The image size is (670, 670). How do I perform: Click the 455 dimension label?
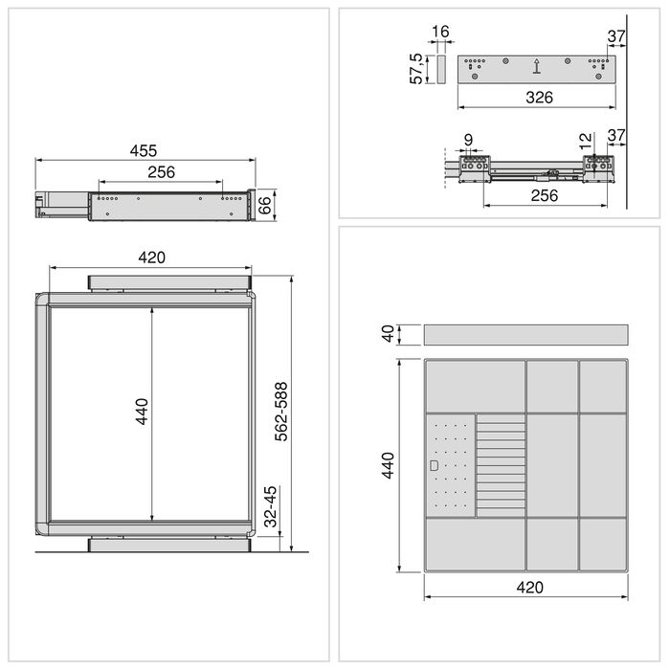click(144, 150)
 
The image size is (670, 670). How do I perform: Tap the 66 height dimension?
click(267, 205)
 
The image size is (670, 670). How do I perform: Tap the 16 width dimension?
click(440, 33)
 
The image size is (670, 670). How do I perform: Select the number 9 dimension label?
click(467, 141)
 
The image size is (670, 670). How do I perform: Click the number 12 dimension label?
click(586, 141)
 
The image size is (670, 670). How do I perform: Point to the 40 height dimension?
click(388, 334)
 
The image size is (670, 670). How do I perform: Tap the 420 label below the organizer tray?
click(528, 588)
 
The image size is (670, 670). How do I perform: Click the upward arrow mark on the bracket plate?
click(537, 67)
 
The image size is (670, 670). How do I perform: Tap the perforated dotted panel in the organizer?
click(450, 466)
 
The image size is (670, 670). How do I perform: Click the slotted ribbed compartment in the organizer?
click(501, 466)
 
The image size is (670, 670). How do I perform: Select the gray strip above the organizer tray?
click(525, 335)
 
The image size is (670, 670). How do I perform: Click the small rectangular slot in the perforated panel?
click(435, 466)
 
